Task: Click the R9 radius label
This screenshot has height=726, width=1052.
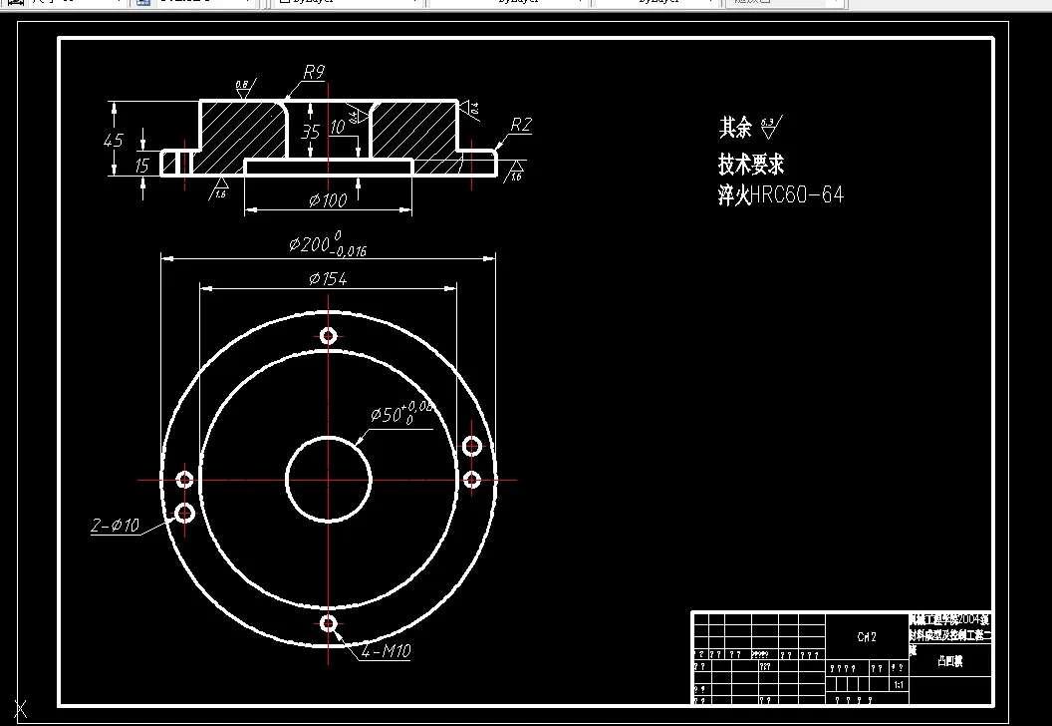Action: click(314, 72)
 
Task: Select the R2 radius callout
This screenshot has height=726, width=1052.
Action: click(520, 125)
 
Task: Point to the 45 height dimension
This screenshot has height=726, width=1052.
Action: click(114, 141)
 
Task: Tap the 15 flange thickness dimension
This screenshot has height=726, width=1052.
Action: click(142, 165)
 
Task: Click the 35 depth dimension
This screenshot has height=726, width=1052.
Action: click(310, 132)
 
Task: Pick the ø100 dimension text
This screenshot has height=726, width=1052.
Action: click(328, 200)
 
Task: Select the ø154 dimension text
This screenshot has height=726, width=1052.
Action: click(328, 279)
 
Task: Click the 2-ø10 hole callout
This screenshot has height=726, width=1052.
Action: click(116, 526)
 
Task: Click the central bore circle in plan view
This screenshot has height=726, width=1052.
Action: click(329, 479)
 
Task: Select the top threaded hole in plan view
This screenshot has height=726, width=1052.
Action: click(329, 335)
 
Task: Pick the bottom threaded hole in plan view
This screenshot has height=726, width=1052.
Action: click(329, 623)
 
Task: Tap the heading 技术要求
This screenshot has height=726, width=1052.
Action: click(751, 164)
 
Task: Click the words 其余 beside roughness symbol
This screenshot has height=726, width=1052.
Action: click(735, 128)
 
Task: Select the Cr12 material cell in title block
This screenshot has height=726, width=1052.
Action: click(867, 637)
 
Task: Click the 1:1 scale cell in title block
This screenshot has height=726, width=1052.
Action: click(899, 685)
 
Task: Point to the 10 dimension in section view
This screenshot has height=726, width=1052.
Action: click(338, 127)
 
